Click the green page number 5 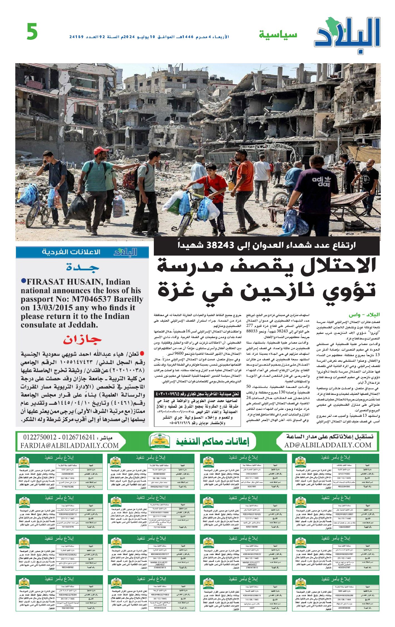(x=32, y=31)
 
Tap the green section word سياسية (x=278, y=35)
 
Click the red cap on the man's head (x=101, y=151)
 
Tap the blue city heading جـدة (x=83, y=268)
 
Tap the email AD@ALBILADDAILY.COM (x=328, y=445)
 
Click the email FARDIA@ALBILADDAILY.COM (x=70, y=446)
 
